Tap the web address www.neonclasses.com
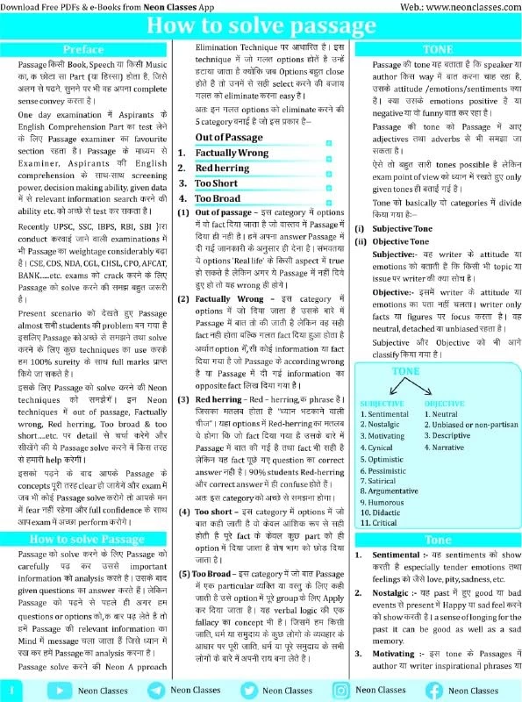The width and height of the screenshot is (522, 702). coord(461,5)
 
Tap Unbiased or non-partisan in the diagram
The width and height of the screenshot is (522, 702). coord(468,425)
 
